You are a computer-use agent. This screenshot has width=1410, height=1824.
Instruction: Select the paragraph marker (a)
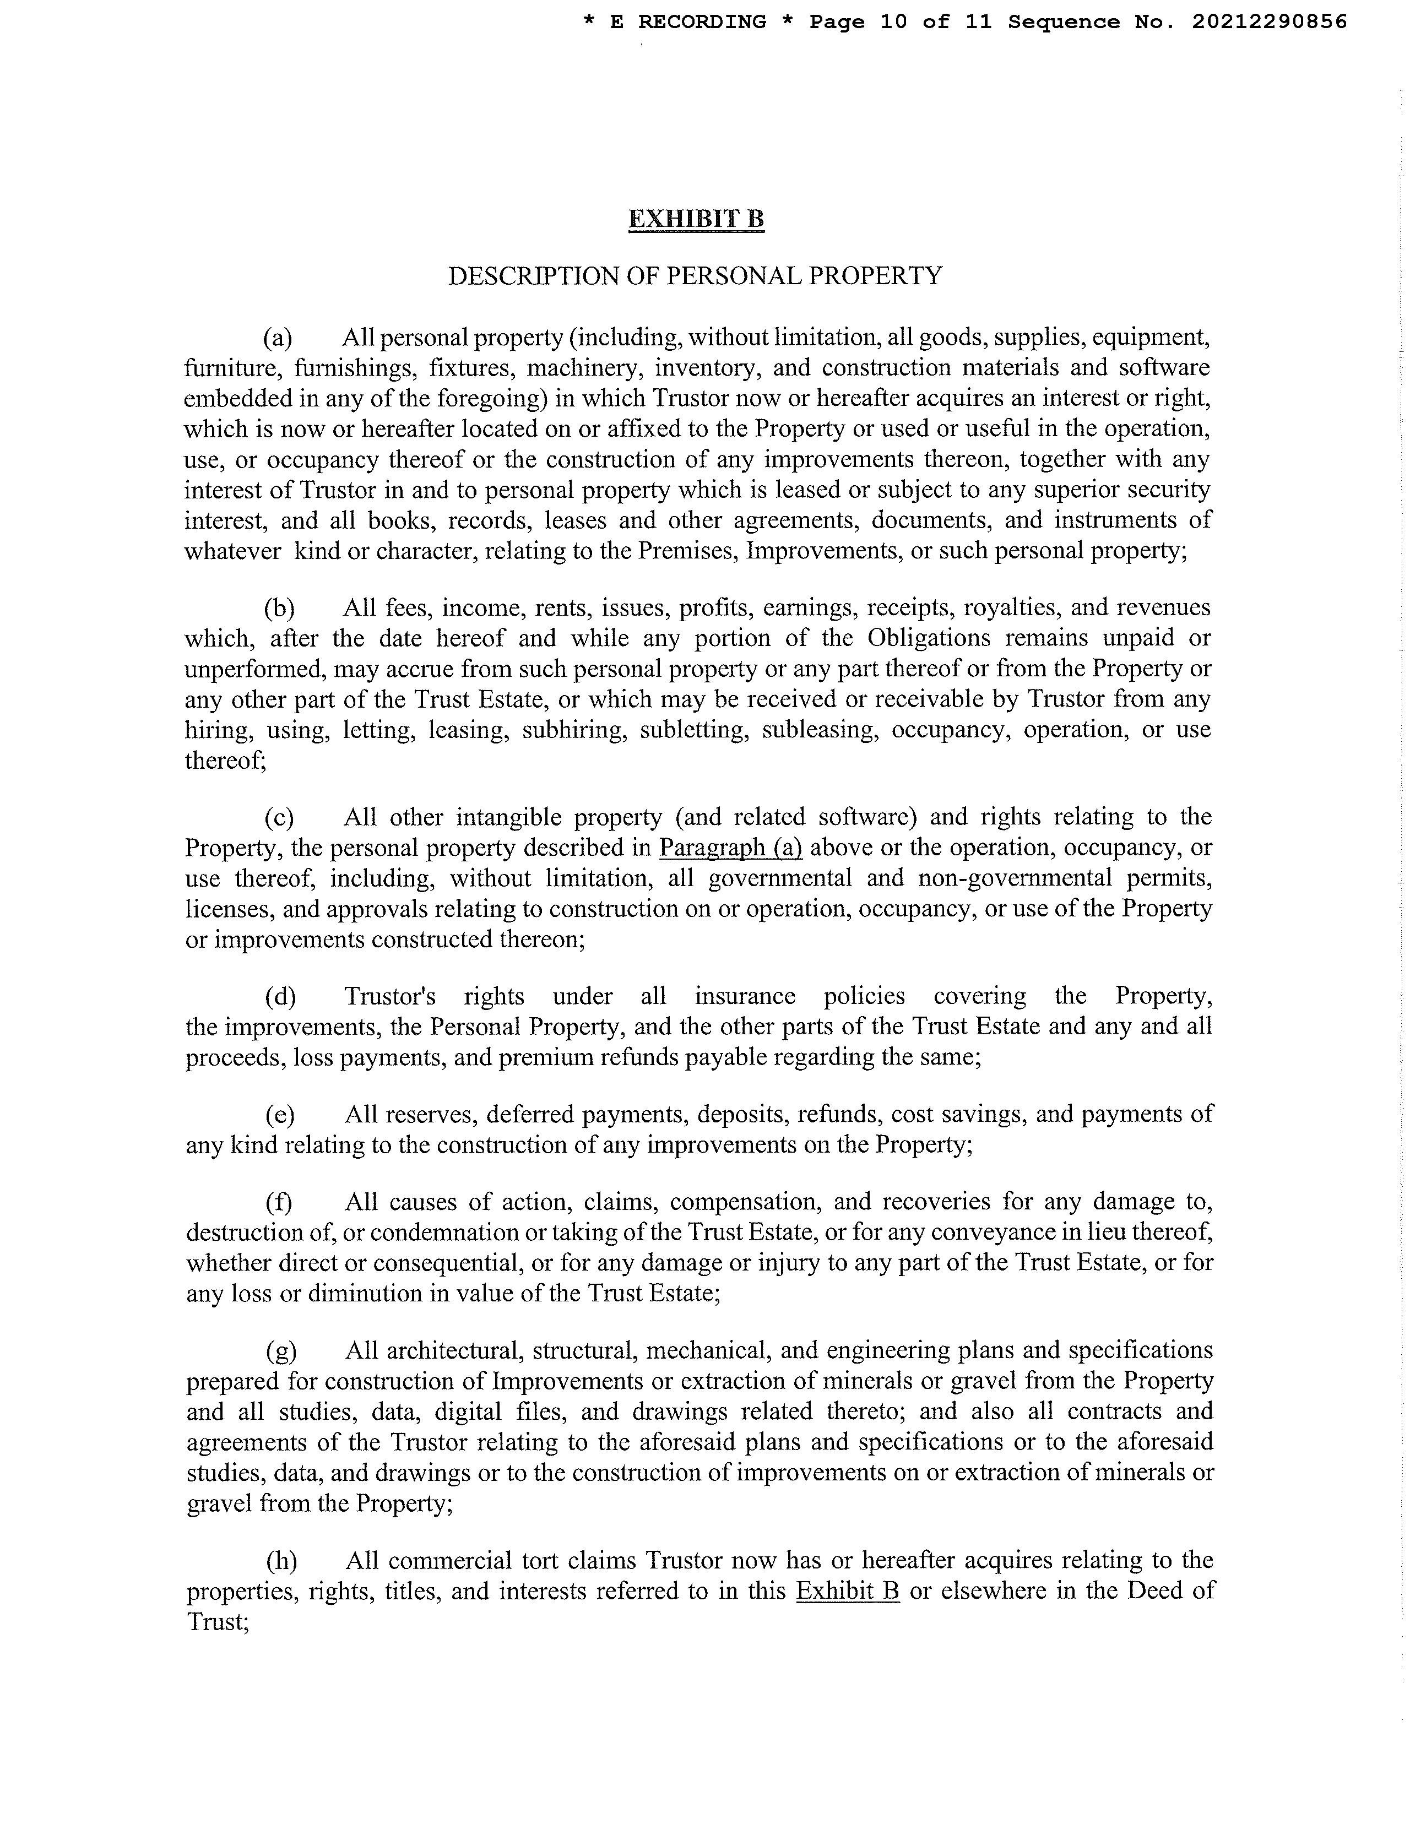pyautogui.click(x=278, y=338)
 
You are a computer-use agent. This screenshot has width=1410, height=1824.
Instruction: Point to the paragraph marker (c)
pyautogui.click(x=279, y=817)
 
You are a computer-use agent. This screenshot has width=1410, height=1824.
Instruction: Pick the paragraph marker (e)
pyautogui.click(x=280, y=1114)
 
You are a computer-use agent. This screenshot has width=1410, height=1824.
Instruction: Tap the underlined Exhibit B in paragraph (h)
pyautogui.click(x=847, y=1591)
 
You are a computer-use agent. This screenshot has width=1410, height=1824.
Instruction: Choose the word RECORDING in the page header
pyautogui.click(x=702, y=21)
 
